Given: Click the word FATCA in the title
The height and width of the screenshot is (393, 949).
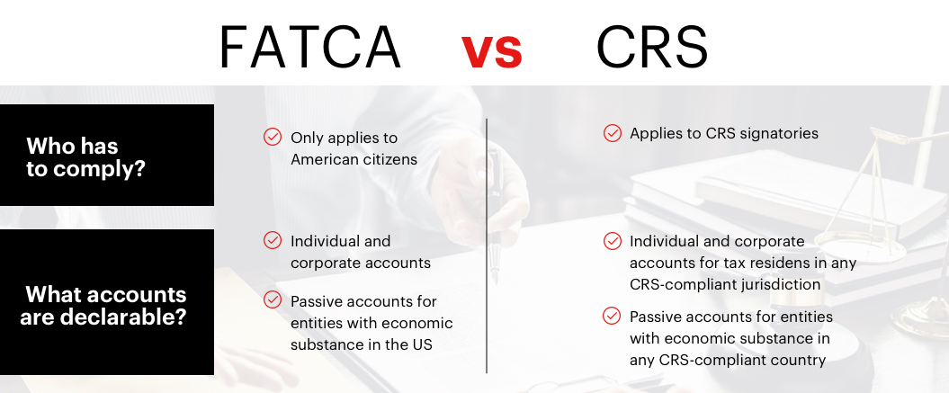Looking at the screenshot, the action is click(x=309, y=47).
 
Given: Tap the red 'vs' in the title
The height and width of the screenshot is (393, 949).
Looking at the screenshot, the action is click(x=491, y=51).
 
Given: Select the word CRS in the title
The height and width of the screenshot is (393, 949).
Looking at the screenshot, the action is click(x=652, y=47).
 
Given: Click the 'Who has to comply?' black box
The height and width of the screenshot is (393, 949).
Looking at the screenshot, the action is click(x=107, y=155).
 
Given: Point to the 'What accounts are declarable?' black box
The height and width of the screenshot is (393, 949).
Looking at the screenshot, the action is click(x=107, y=301).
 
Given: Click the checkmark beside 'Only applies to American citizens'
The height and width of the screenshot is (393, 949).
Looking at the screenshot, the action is click(x=273, y=137).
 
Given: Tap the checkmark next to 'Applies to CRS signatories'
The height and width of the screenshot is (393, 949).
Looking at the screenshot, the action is click(x=612, y=133).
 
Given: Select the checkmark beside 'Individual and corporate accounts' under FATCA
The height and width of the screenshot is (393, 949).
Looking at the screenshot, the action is click(x=273, y=240).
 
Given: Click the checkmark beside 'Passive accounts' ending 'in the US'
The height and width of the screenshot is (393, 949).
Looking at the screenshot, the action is click(x=273, y=299).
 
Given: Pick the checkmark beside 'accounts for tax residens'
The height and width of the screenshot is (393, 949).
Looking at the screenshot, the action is click(x=612, y=241).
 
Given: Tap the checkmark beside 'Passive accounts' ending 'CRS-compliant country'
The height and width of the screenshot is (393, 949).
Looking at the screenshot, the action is click(x=612, y=316).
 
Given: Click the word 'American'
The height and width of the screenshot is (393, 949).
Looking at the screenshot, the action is click(x=320, y=159).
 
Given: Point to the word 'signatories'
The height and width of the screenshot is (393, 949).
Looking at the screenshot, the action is click(x=780, y=134).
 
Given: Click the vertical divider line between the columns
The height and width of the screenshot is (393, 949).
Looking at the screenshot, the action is click(x=487, y=246).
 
